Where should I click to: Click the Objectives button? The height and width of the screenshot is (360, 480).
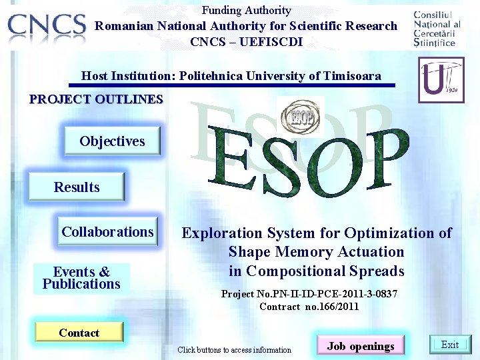click(112, 141)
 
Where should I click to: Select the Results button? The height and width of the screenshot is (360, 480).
click(77, 187)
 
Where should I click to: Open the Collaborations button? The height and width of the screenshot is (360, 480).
click(107, 232)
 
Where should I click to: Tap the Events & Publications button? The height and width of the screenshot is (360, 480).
click(81, 278)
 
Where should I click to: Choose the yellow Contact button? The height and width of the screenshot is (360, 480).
click(79, 333)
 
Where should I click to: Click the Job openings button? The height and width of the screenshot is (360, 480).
click(361, 346)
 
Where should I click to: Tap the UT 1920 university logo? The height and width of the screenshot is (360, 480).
click(441, 79)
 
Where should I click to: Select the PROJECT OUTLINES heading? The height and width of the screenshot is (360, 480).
click(96, 99)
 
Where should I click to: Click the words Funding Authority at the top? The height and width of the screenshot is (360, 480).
click(246, 10)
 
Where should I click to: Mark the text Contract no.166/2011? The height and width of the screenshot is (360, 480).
click(309, 307)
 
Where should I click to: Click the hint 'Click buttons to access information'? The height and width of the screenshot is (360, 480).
click(234, 350)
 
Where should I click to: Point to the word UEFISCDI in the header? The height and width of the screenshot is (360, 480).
click(274, 41)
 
